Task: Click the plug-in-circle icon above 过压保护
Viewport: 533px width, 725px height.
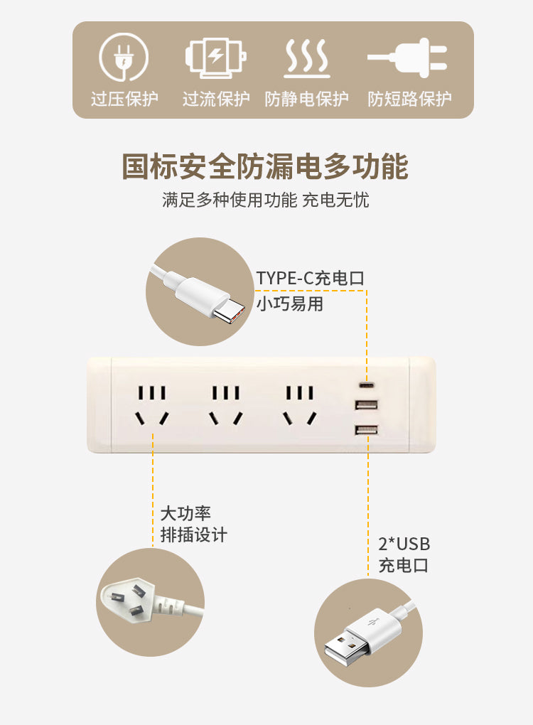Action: pos(124,57)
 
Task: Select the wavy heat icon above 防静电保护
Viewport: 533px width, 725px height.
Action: pos(306,58)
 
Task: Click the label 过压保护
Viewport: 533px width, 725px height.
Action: pos(124,99)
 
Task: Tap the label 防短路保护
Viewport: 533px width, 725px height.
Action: pos(409,99)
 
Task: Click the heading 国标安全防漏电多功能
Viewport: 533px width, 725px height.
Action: pos(265,166)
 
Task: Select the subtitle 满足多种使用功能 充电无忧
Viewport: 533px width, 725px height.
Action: pos(266,200)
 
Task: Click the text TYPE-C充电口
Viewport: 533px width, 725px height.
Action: pos(311,278)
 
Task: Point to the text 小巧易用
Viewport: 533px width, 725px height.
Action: pos(290,304)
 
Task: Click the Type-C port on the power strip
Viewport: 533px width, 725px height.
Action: pos(367,385)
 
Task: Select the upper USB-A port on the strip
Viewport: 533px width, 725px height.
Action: pos(366,405)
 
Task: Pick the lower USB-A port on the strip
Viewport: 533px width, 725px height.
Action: pos(366,429)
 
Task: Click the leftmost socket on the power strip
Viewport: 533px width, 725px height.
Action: pos(152,405)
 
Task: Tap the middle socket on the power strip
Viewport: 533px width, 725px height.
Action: pos(226,405)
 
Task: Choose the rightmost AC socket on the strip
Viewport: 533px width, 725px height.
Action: pos(300,405)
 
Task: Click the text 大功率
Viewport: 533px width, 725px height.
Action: pos(185,513)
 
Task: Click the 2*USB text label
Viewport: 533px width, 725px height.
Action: pos(404,544)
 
